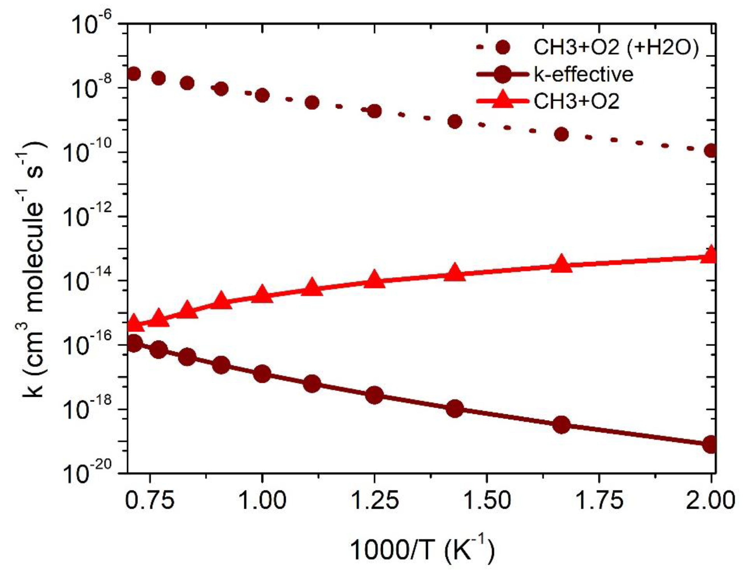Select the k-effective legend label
[583, 74]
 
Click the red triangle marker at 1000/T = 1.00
[262, 294]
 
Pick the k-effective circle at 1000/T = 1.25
[374, 395]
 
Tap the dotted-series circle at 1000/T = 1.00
[262, 95]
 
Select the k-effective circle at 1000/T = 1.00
[262, 374]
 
